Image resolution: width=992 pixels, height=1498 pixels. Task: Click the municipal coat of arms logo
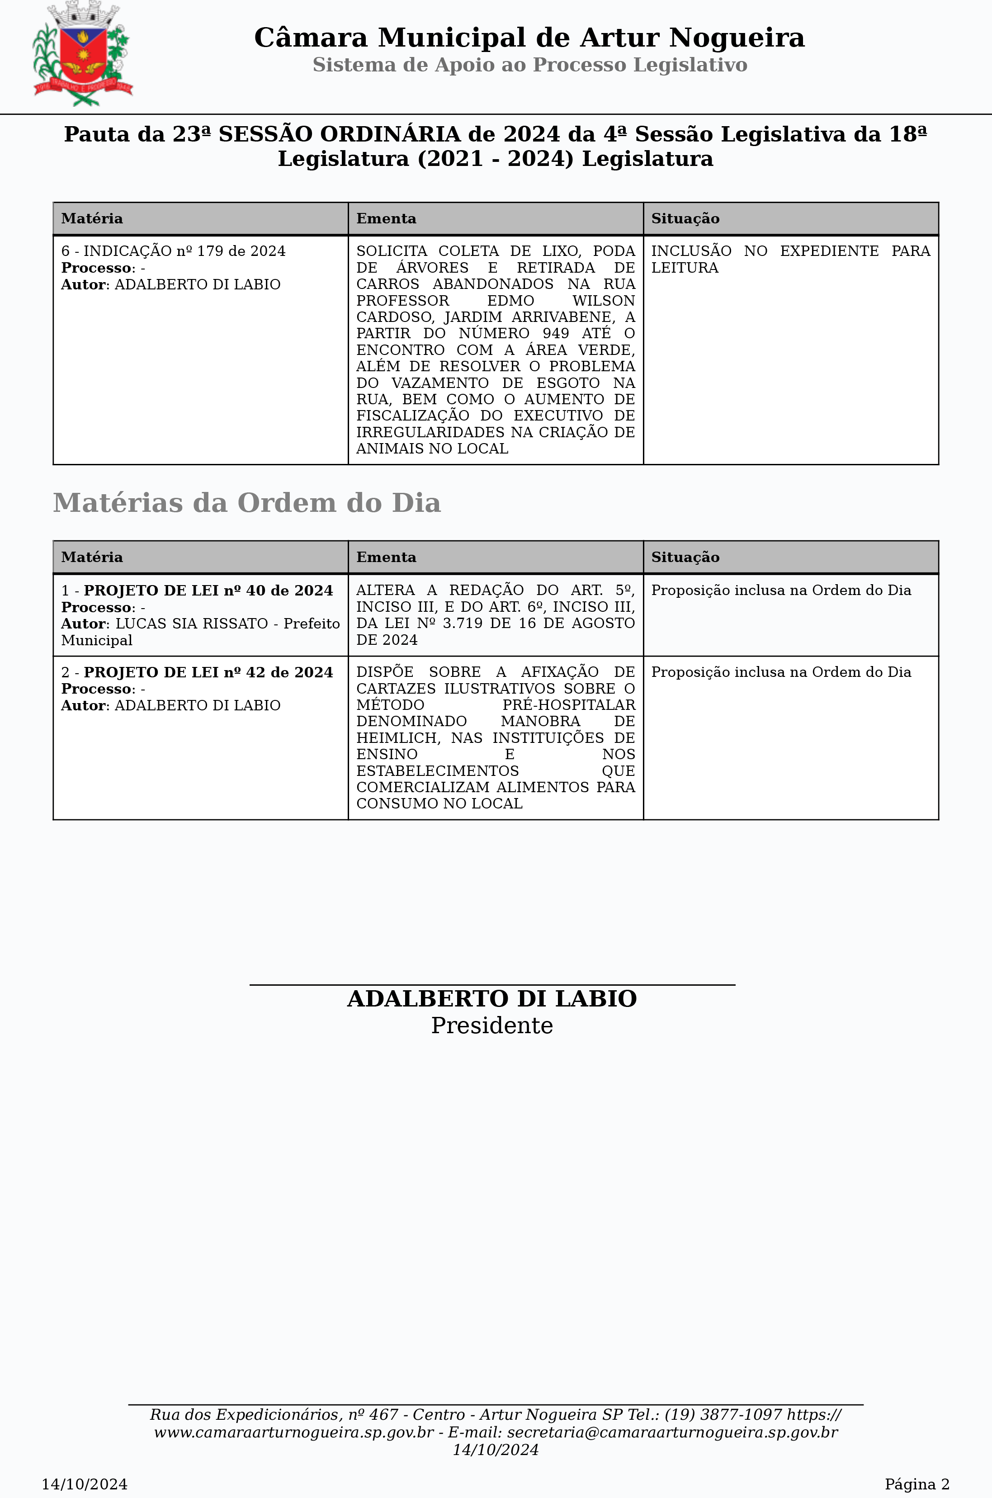point(82,54)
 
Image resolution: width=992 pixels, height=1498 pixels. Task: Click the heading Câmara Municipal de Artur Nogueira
point(529,38)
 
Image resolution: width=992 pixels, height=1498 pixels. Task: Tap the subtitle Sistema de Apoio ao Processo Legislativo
point(529,65)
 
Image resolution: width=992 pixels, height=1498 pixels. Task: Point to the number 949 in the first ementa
point(556,333)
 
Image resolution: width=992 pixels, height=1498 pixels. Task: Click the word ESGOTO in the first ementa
point(567,383)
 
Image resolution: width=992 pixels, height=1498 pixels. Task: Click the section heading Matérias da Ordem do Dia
point(247,503)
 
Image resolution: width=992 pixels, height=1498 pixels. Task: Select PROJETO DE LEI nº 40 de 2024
point(208,590)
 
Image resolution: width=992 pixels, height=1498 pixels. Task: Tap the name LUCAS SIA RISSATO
point(191,624)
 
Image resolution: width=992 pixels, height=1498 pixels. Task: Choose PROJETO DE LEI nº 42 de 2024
point(208,672)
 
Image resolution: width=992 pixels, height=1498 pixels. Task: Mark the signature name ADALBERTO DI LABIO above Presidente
point(491,999)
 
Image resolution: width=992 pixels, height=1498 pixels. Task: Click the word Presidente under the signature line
point(491,1025)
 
